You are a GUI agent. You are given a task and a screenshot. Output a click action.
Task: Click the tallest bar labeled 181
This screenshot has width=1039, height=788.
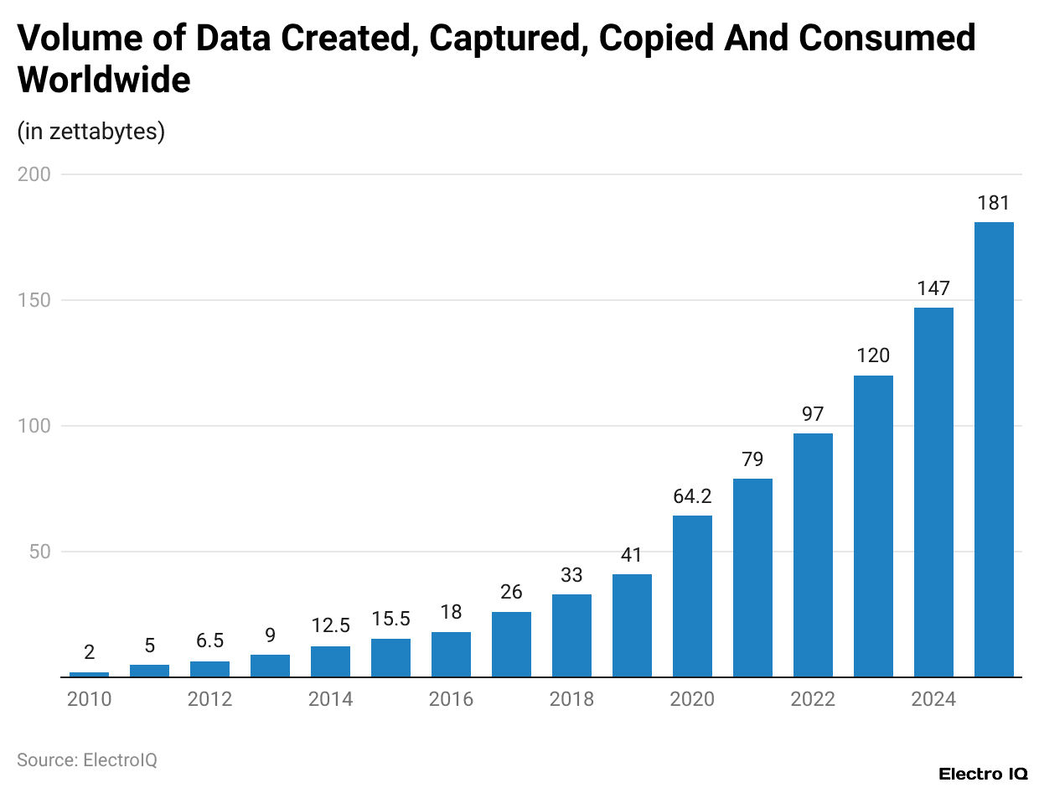click(x=994, y=449)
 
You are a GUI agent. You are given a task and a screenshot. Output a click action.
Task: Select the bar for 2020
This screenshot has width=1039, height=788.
click(x=692, y=596)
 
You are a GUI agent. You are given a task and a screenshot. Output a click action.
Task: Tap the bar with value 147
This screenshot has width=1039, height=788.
click(x=933, y=492)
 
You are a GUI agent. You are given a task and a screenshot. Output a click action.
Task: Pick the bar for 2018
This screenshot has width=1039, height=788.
click(x=571, y=635)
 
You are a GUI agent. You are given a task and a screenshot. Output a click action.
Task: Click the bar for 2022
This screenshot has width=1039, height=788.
click(x=813, y=555)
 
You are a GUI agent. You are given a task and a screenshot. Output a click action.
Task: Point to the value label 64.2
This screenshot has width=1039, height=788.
click(x=692, y=495)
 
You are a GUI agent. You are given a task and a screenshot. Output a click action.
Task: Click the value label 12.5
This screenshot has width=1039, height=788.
click(x=330, y=626)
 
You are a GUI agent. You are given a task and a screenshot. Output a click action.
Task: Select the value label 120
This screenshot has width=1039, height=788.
click(x=873, y=355)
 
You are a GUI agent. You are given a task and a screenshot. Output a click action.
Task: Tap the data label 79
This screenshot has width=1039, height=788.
click(x=752, y=459)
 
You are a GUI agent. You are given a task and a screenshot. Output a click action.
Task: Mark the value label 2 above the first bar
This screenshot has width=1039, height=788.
click(x=89, y=652)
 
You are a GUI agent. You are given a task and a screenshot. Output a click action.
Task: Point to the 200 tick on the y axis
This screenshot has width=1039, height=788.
click(x=34, y=174)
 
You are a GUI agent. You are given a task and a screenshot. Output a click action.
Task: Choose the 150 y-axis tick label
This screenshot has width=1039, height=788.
click(x=34, y=300)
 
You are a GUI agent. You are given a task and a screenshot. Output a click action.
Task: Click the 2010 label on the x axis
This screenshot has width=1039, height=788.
click(x=89, y=699)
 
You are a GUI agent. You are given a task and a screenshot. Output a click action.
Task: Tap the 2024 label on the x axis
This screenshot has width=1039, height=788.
click(x=933, y=699)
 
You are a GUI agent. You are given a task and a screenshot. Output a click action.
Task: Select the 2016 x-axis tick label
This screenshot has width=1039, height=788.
click(x=451, y=699)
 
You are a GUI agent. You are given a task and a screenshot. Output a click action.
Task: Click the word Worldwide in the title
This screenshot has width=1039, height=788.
click(x=104, y=80)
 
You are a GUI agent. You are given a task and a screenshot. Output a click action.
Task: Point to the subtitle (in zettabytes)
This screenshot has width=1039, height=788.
click(x=90, y=132)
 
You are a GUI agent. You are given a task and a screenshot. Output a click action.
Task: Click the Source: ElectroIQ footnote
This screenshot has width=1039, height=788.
click(x=87, y=759)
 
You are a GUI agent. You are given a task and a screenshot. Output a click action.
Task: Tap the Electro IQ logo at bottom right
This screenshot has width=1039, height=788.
click(x=983, y=774)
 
